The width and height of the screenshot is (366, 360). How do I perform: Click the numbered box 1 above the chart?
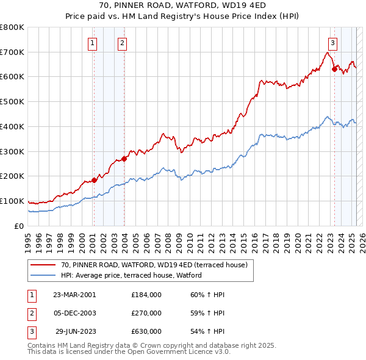pyautogui.click(x=91, y=43)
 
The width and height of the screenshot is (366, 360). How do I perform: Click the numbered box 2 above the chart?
pyautogui.click(x=123, y=43)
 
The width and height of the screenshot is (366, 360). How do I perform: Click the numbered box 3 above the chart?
pyautogui.click(x=332, y=43)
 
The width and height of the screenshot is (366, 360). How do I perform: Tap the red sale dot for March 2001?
pyautogui.click(x=94, y=180)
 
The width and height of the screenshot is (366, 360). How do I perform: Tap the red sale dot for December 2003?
pyautogui.click(x=124, y=159)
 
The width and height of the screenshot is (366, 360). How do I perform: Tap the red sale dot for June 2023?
pyautogui.click(x=334, y=69)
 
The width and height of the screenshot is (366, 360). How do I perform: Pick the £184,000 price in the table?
pyautogui.click(x=146, y=295)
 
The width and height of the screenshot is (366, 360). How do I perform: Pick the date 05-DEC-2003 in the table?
pyautogui.click(x=75, y=313)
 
